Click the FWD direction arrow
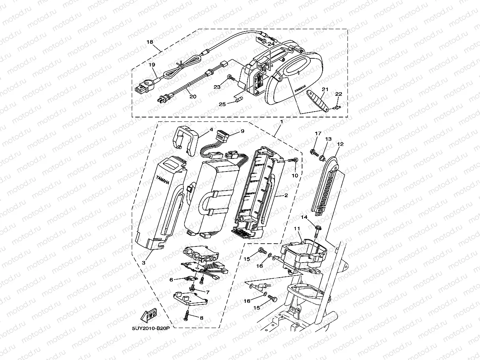coord(149,315)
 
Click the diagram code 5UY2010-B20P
coord(151,328)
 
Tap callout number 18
coord(150,42)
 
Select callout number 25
coord(222,104)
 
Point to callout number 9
coord(242,131)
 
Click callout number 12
coord(340,144)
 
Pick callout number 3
coord(144,263)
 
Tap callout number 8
coord(202,318)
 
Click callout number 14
coord(304,217)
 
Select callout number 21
coord(325,89)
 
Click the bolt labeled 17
coord(314,153)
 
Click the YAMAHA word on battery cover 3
coord(163,179)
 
